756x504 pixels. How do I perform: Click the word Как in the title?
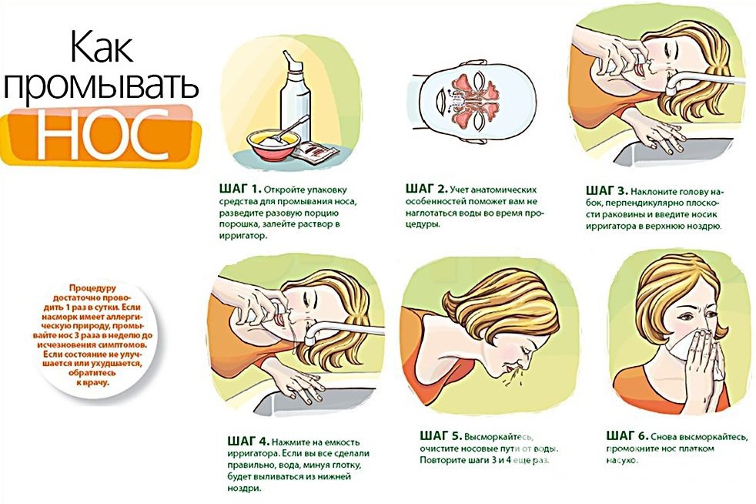[102, 46]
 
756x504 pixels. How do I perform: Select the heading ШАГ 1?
[239, 188]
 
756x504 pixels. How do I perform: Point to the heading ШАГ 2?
[427, 188]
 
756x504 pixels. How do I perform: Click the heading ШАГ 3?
[607, 190]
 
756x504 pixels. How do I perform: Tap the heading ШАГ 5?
[440, 436]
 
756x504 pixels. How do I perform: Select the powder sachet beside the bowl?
[319, 153]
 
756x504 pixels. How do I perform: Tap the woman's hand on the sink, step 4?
[299, 384]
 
